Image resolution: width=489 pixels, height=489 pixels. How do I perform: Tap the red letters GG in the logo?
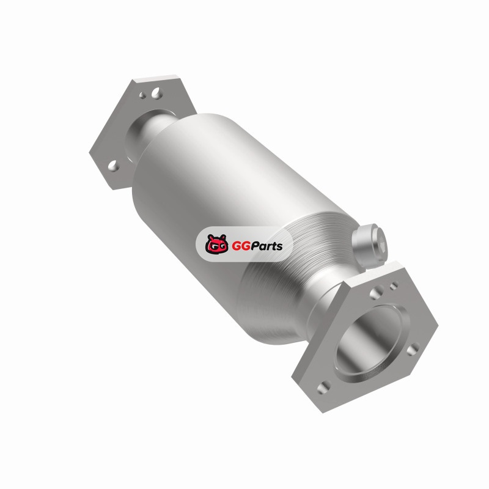point(240,246)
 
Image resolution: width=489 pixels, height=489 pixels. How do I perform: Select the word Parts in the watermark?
point(265,246)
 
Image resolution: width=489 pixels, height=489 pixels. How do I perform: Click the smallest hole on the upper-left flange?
point(142,95)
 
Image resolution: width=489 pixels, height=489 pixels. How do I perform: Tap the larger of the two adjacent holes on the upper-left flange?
point(155,93)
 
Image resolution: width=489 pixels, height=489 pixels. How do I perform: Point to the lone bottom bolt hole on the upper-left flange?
point(114,166)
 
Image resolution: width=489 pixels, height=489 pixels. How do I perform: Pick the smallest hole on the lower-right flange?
point(394,285)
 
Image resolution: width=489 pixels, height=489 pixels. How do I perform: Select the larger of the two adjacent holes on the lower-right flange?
point(376,293)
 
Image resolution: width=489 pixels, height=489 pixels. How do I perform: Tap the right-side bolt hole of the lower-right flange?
point(413,349)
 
